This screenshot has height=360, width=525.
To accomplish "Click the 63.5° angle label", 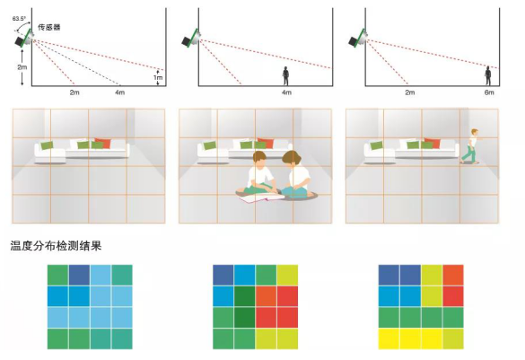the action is (x=19, y=19).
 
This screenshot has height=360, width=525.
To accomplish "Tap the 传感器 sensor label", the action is (x=48, y=27).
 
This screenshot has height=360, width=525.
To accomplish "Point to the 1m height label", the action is (x=158, y=78).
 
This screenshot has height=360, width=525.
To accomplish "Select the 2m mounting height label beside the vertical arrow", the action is (x=22, y=67).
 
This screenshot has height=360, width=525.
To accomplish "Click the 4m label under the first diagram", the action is (x=120, y=92).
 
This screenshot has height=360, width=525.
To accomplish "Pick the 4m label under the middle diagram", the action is (x=286, y=92).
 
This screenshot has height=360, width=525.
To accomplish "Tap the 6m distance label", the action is (x=489, y=92).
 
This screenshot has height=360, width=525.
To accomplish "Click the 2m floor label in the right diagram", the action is (x=410, y=92).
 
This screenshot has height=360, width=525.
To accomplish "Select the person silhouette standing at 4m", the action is (x=285, y=76).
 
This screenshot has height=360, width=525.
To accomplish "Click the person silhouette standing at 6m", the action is (x=488, y=76).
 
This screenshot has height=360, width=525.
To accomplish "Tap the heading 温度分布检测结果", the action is (x=56, y=246).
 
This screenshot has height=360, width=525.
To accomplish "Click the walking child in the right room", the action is (x=470, y=146).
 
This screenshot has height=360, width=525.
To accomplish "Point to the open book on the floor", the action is (x=262, y=198).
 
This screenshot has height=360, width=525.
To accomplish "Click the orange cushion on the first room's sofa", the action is (x=103, y=143).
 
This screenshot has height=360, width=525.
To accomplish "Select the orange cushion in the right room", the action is (x=433, y=143).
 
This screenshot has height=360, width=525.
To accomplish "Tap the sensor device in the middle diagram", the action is (x=191, y=38).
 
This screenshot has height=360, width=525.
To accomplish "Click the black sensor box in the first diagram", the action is (x=20, y=41).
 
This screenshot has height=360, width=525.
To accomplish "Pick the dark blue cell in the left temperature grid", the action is (x=79, y=275).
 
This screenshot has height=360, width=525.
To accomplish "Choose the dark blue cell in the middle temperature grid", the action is (x=223, y=275).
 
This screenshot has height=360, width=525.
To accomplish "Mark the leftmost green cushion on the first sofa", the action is (x=47, y=145).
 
